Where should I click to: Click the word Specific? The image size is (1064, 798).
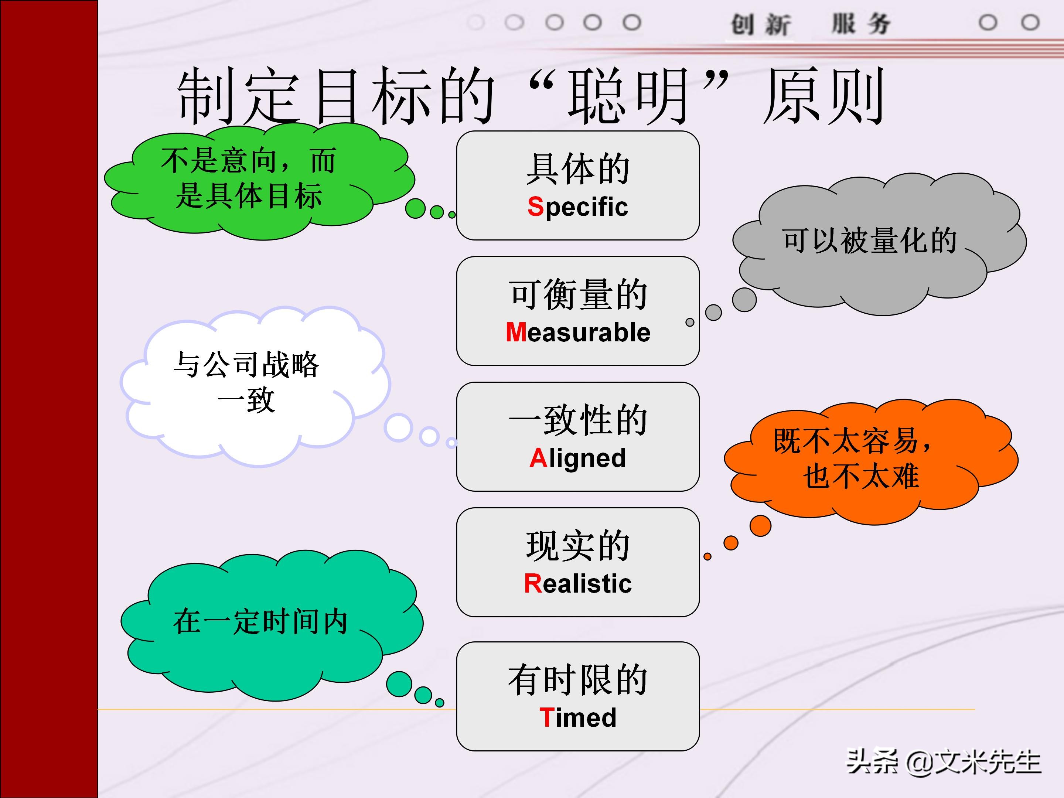point(578,207)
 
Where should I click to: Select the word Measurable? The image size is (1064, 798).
point(578,332)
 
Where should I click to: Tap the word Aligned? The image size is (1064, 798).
point(578,458)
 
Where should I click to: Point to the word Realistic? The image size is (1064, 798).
point(578,583)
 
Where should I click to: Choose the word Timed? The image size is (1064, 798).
point(578,717)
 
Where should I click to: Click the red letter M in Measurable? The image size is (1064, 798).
point(516,332)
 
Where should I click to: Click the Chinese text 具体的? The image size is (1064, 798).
point(578,169)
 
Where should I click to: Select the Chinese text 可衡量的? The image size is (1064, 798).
point(578,294)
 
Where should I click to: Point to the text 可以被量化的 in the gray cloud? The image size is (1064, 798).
point(869,240)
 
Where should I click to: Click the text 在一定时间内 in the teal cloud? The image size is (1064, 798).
point(260,621)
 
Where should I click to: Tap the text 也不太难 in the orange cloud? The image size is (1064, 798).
point(861,476)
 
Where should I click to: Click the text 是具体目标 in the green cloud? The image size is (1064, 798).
point(249,196)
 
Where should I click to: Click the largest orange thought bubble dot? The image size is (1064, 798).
point(760,525)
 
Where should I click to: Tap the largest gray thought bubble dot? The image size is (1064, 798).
point(744,300)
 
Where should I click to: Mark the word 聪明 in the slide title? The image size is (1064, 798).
point(628,96)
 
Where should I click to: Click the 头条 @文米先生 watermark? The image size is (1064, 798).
point(943,761)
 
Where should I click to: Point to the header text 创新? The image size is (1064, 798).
point(760,24)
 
